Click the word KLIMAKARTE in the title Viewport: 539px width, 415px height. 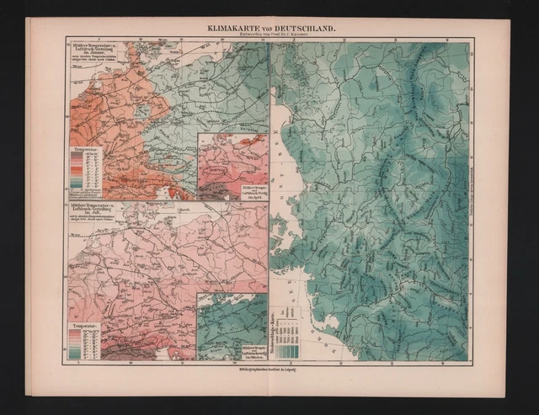(x=227, y=28)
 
